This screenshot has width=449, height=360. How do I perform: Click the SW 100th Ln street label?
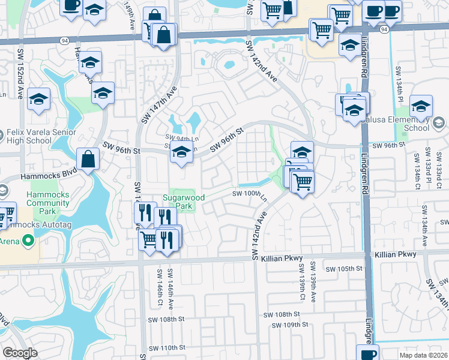249,194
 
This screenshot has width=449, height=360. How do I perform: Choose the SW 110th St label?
167,348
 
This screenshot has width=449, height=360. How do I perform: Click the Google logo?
20,353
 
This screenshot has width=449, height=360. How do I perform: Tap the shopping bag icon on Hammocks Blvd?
88,160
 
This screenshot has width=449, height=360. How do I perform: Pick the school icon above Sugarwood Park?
182,153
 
